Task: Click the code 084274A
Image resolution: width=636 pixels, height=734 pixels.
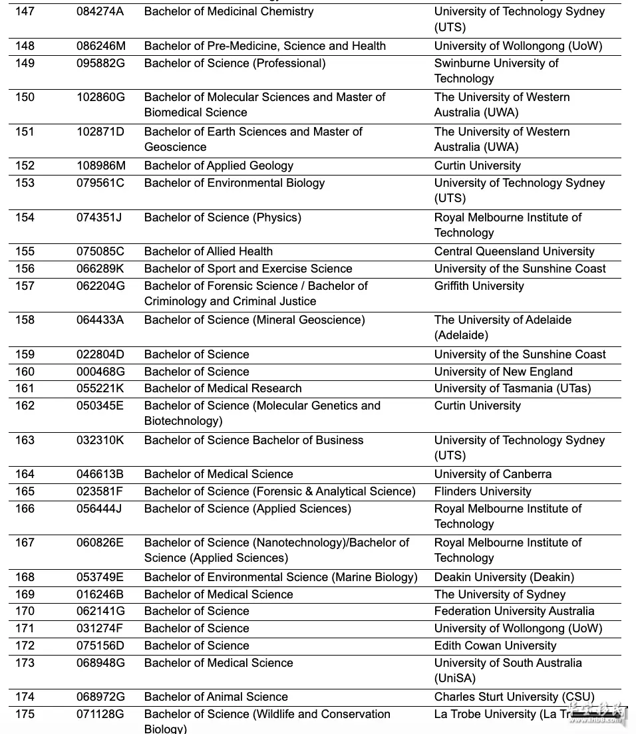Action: [x=100, y=11]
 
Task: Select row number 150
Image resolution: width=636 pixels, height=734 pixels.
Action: [x=25, y=97]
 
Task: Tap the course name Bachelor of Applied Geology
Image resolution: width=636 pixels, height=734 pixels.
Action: [x=218, y=166]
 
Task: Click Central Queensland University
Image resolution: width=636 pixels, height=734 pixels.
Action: [x=514, y=251]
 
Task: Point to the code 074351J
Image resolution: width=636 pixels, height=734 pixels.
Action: [x=99, y=217]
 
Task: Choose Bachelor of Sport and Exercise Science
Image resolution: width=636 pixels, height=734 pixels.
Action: [x=247, y=269]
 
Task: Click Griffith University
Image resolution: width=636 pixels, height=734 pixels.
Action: [x=478, y=286]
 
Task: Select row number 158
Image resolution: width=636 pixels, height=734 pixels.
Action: [x=25, y=320]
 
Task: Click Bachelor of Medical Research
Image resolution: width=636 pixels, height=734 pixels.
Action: [x=222, y=388]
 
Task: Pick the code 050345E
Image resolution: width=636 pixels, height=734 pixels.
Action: [x=100, y=406]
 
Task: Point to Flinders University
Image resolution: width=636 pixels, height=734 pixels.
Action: [x=482, y=491]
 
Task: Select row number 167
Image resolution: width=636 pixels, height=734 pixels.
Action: [x=25, y=543]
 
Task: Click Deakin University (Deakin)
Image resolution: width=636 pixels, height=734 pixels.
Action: [x=504, y=577]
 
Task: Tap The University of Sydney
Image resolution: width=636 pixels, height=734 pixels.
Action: [x=500, y=594]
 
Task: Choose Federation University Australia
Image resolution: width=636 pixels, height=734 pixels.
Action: [x=514, y=611]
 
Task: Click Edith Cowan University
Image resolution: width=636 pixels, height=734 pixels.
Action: [x=495, y=646]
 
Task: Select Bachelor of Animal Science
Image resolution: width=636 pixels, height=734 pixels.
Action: [x=216, y=697]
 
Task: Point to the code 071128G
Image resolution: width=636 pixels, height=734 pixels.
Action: [x=100, y=714]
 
